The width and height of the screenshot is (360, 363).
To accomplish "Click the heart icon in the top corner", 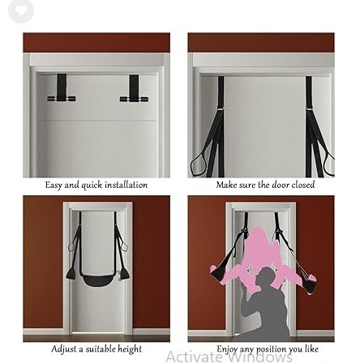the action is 21,11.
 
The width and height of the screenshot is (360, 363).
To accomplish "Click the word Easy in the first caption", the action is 54,186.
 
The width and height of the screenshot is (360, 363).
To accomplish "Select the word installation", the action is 126,185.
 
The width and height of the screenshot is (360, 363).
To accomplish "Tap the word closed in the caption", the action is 303,185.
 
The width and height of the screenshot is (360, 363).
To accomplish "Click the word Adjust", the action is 64,348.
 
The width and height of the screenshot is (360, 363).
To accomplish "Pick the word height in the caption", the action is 128,349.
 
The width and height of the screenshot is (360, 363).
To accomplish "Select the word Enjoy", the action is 226,349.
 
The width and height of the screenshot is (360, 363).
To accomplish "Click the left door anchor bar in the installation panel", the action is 62,99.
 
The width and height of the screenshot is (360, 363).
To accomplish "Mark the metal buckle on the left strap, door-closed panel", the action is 221,109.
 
